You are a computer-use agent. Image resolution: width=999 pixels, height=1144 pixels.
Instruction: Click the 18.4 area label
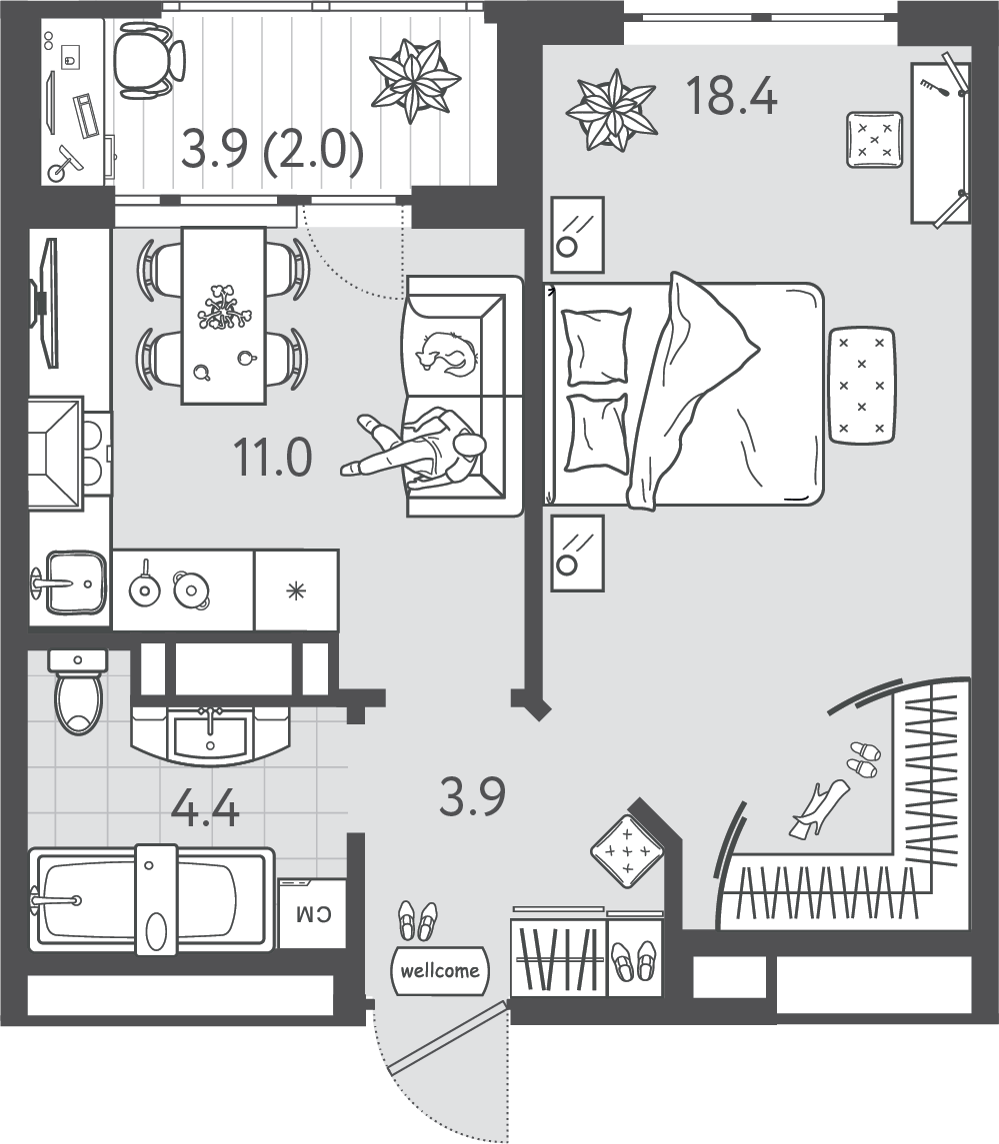click(732, 96)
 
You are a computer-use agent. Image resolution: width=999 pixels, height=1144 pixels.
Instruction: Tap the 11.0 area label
click(272, 458)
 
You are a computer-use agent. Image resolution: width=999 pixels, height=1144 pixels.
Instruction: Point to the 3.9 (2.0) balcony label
click(272, 150)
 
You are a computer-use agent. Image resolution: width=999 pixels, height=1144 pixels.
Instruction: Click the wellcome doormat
click(440, 971)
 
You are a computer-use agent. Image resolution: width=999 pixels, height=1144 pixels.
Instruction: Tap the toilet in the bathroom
click(78, 692)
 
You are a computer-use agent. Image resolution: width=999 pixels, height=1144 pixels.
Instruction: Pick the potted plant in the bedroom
click(612, 110)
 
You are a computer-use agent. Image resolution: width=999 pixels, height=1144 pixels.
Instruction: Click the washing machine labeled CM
click(313, 913)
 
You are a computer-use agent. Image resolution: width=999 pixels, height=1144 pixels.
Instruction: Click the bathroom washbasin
click(210, 734)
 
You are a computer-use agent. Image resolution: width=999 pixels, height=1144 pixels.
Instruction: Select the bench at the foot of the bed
click(862, 385)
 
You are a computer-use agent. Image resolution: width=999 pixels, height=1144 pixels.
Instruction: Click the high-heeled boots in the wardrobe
click(819, 808)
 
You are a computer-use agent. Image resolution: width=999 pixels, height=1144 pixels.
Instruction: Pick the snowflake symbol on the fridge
click(296, 590)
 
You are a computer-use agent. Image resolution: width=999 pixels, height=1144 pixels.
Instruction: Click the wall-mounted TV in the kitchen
click(45, 303)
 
